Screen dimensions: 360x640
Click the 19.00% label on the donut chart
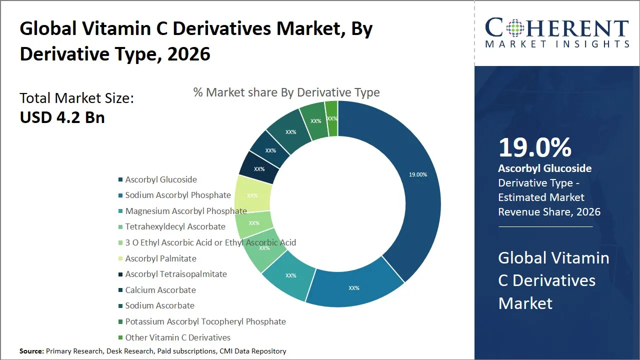coord(417,174)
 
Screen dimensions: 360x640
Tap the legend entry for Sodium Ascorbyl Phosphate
coord(178,195)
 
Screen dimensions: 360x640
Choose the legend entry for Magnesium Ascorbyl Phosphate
coord(185,211)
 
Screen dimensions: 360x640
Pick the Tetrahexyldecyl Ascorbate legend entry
coord(175,226)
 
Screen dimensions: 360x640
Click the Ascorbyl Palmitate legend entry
coord(160,258)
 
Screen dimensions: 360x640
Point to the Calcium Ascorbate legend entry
coord(160,290)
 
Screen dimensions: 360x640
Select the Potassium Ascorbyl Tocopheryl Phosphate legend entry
coord(205,321)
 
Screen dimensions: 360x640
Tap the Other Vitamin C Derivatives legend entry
coord(177,337)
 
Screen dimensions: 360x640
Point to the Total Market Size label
coord(76,97)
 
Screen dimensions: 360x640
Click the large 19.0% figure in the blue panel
coord(535,147)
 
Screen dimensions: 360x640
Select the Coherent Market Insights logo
coord(557,33)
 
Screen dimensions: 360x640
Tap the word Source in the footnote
coord(31,351)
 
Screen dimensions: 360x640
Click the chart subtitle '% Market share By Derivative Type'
coord(286,92)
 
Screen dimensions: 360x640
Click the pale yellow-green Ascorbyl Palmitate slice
coord(252,195)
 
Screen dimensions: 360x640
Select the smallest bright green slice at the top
coord(331,118)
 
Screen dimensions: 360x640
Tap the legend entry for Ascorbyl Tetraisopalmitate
coord(176,274)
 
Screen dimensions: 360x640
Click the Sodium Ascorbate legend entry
coord(159,305)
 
